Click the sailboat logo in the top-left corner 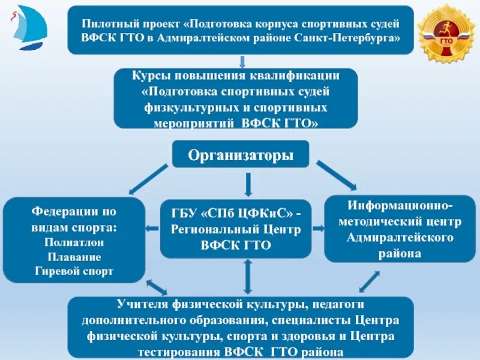click(x=27, y=29)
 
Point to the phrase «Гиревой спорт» click(x=74, y=271)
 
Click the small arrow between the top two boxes click(x=241, y=61)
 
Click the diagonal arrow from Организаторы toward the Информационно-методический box click(x=336, y=175)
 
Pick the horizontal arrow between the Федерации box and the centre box click(x=153, y=229)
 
